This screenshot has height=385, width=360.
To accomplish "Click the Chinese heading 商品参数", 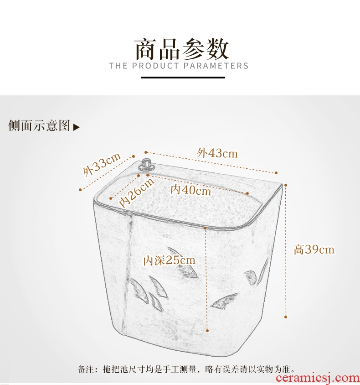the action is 182,49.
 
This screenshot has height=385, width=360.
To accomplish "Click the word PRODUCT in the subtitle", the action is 155,66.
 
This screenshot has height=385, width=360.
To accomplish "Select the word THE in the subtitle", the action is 118,66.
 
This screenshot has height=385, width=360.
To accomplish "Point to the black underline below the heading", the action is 183,78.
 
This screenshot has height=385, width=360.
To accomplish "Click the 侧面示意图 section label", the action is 39,125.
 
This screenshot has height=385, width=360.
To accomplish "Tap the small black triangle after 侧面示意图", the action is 76,127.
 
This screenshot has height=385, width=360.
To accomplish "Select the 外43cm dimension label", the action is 217,153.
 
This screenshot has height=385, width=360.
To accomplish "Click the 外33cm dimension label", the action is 102,164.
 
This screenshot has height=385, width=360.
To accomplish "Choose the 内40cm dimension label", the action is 191,190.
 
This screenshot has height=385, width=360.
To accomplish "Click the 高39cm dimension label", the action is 314,250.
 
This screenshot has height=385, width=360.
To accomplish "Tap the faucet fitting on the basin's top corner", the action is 147,164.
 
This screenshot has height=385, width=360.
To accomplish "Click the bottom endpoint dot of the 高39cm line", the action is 286,317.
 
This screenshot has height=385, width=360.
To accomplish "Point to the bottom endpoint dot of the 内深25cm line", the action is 207,331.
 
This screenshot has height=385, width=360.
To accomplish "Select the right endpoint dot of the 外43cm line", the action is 276,173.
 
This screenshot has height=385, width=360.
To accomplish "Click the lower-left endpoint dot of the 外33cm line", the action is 80,190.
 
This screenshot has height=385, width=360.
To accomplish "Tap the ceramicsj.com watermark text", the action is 318,378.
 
